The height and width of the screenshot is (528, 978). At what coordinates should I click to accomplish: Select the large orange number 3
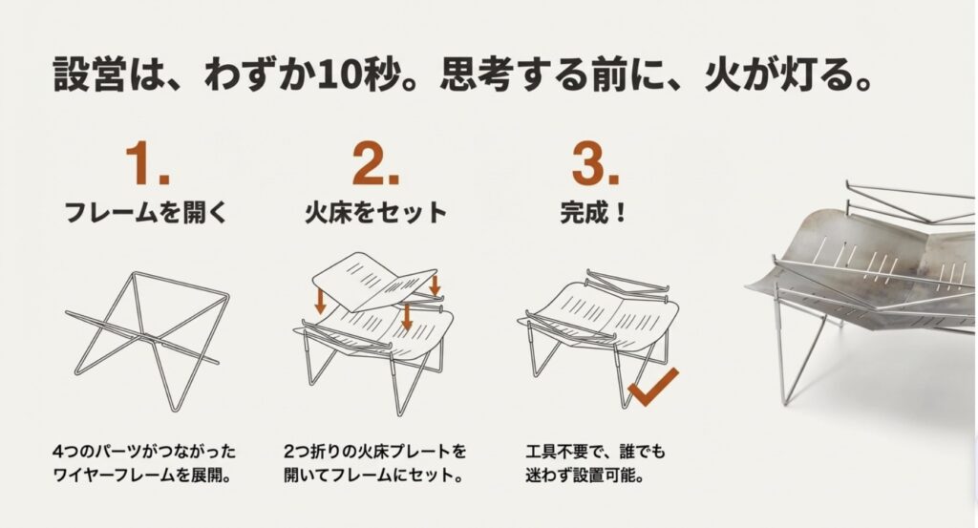pos(588,162)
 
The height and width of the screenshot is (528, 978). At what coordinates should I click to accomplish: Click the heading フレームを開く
pos(146,213)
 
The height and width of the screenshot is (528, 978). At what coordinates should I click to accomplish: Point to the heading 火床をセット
pos(375,213)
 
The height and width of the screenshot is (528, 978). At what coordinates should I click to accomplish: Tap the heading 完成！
pos(593,213)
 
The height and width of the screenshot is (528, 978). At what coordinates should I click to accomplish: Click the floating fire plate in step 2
pos(373,281)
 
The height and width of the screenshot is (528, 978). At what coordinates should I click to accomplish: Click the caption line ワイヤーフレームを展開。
pos(143,475)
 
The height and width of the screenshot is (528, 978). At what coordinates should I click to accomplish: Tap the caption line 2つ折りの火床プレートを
pos(374,451)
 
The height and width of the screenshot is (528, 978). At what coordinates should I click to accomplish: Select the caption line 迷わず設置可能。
pos(585,475)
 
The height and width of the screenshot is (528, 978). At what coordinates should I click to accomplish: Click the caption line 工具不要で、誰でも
pos(596,451)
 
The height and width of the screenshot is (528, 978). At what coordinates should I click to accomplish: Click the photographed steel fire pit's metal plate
pos(873,262)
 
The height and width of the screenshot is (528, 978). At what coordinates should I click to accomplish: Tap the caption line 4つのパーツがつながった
pos(145,451)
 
